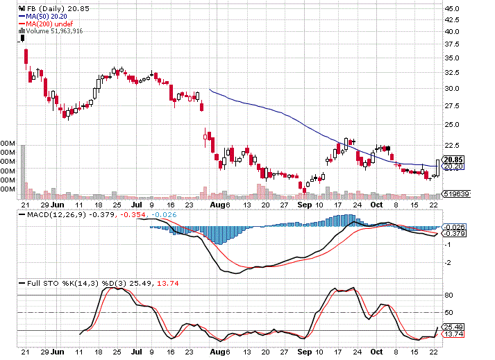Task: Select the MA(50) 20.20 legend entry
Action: pyautogui.click(x=47, y=16)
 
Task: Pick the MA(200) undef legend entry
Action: pyautogui.click(x=49, y=24)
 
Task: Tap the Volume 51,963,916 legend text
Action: pyautogui.click(x=56, y=31)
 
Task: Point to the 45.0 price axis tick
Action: pyautogui.click(x=453, y=8)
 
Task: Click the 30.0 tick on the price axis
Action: pyautogui.click(x=453, y=89)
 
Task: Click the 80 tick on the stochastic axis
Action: pyautogui.click(x=449, y=295)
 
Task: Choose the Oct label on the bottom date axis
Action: pyautogui.click(x=378, y=205)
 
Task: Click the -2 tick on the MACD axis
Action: pyautogui.click(x=449, y=262)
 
